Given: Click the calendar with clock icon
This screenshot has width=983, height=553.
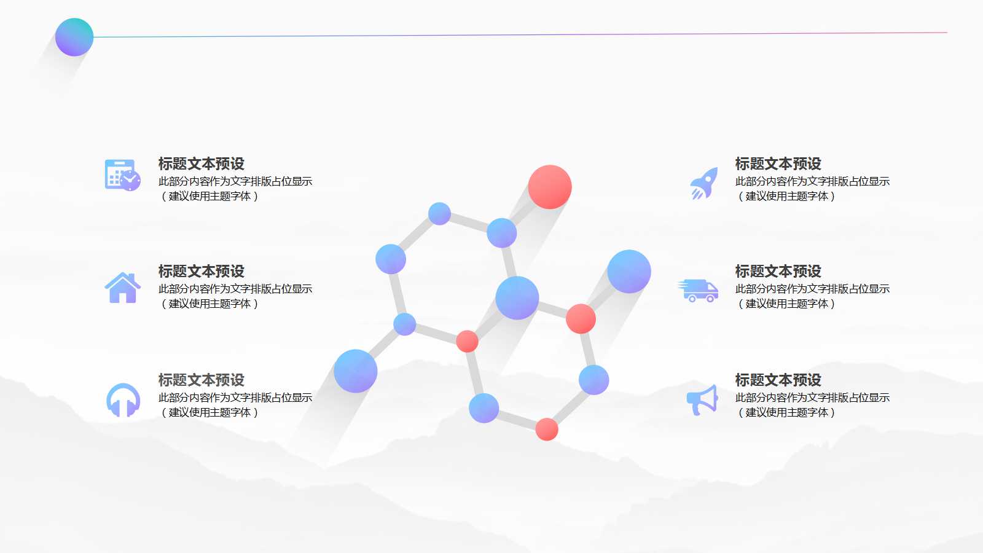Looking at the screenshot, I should (122, 175).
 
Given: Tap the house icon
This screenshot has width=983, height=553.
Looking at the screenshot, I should (123, 288).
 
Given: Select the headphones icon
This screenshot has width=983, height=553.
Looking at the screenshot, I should (123, 400).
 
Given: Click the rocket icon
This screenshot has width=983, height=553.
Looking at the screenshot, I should (704, 184).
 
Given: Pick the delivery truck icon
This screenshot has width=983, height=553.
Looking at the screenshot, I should (699, 291).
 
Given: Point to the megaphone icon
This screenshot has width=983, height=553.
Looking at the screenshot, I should (702, 399).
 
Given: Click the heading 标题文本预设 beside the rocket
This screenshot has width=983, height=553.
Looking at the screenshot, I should (778, 164).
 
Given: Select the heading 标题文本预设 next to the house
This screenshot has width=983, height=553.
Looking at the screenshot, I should (201, 272).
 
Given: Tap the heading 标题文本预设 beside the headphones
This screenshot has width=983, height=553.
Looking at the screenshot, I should (201, 380).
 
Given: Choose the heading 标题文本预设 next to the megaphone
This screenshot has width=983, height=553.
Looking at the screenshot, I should (778, 380).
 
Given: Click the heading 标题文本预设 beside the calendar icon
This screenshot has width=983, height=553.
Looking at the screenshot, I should (201, 164).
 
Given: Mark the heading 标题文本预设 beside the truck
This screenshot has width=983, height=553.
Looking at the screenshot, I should (778, 272).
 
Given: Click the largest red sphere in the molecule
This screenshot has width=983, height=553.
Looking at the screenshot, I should (550, 187).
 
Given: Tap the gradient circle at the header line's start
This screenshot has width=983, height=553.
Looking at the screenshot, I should (74, 37).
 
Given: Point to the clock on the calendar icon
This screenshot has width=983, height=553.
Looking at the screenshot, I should (130, 181).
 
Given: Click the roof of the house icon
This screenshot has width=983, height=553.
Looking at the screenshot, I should (123, 280).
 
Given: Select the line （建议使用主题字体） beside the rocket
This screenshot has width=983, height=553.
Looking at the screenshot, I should (786, 197).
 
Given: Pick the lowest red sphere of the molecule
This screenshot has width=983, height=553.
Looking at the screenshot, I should (546, 429).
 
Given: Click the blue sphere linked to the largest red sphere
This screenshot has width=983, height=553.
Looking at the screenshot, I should (502, 233).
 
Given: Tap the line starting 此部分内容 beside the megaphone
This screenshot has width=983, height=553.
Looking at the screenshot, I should (812, 398).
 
